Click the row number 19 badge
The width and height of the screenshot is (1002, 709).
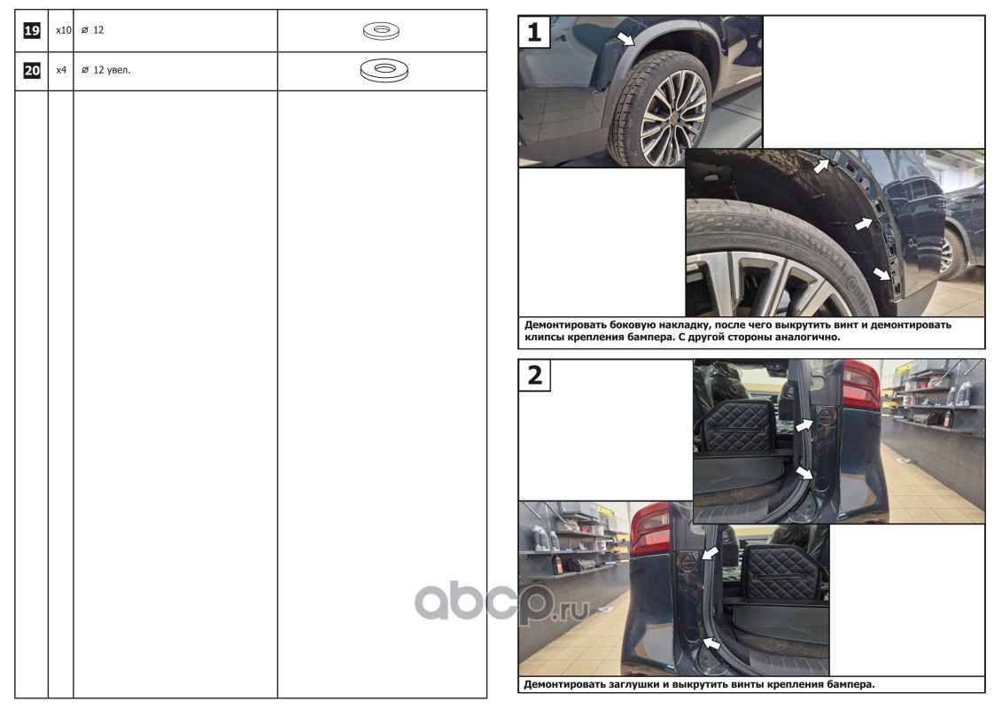click(x=31, y=30)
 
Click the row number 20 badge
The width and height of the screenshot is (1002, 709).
click(x=31, y=70)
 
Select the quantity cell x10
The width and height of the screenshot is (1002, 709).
click(x=63, y=30)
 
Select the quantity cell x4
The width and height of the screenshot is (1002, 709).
click(x=61, y=70)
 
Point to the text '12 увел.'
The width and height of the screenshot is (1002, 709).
click(x=112, y=70)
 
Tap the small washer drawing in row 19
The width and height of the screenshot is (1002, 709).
click(x=382, y=30)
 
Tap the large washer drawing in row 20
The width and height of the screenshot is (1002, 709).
click(x=384, y=70)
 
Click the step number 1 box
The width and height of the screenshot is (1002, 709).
click(x=534, y=31)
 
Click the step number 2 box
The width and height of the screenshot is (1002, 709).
click(x=534, y=375)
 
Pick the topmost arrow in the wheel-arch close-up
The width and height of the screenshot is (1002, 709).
click(x=821, y=166)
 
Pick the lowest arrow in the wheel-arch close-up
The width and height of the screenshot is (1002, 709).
click(x=882, y=274)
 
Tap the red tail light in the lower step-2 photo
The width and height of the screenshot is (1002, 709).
click(x=650, y=529)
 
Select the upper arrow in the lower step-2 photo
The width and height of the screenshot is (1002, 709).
click(x=711, y=553)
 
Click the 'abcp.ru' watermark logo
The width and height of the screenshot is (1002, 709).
click(x=501, y=601)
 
